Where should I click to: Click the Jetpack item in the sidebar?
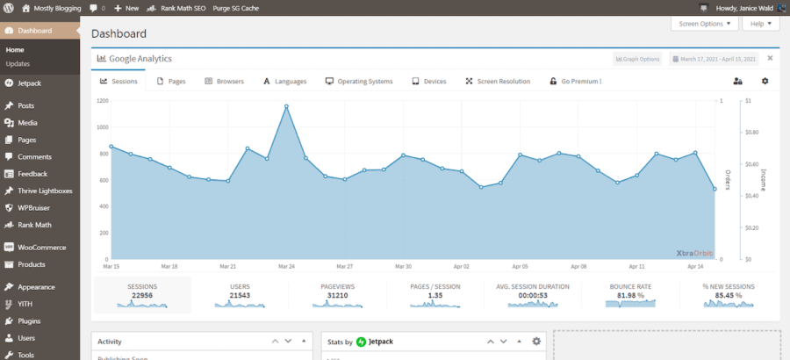(29, 83)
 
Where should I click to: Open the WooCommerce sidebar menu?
(41, 248)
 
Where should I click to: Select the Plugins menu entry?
(29, 320)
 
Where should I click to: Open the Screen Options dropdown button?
(704, 25)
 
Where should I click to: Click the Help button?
(760, 25)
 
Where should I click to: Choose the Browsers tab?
(224, 81)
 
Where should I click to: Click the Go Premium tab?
(575, 81)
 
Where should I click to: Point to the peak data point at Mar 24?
(286, 107)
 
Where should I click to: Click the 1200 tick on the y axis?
(102, 101)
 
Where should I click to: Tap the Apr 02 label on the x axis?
(461, 266)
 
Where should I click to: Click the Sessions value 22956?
(142, 295)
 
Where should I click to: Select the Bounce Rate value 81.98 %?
(631, 295)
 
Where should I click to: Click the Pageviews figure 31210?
(338, 295)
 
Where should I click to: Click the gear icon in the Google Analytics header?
(765, 81)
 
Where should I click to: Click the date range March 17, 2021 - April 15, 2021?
(714, 59)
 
